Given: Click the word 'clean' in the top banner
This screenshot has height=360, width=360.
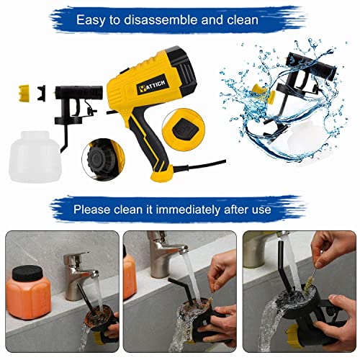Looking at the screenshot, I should [241, 19].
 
